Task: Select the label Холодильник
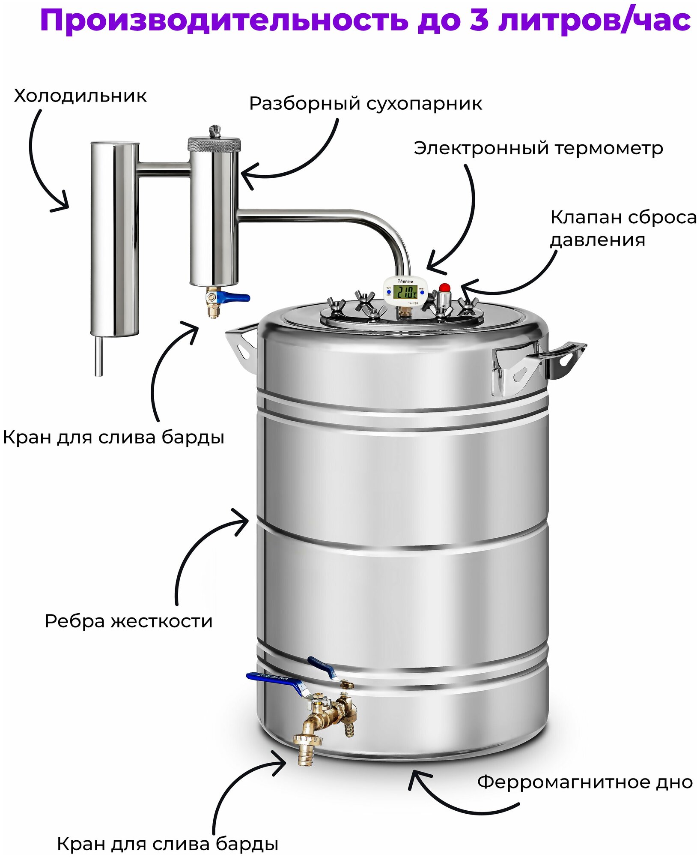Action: click(80, 96)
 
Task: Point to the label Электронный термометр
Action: click(538, 149)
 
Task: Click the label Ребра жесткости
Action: click(128, 621)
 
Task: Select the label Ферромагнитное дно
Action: click(585, 782)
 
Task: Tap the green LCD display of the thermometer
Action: click(405, 292)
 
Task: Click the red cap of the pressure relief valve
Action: click(444, 287)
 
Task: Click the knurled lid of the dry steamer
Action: click(214, 144)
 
